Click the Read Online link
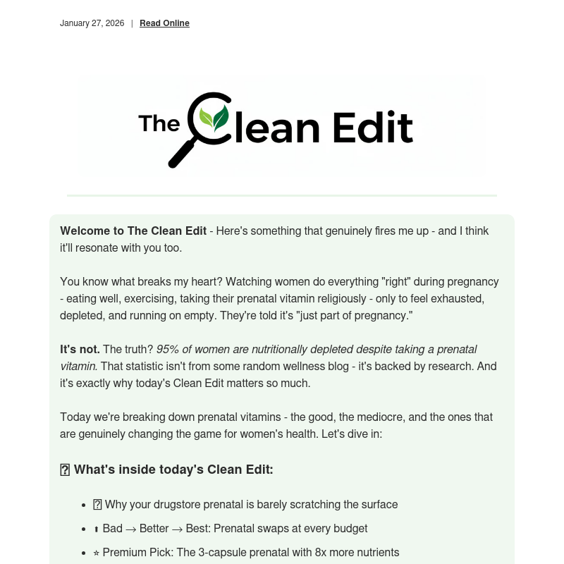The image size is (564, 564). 164,23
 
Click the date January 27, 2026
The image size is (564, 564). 92,23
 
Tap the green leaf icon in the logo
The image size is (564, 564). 214,118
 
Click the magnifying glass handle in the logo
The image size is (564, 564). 182,153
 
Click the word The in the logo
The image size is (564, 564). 159,123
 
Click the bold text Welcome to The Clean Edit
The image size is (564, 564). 133,231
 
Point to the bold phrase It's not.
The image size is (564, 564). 80,350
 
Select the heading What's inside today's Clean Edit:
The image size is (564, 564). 173,470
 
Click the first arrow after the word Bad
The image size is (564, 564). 131,529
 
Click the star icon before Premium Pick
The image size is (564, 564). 97,553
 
